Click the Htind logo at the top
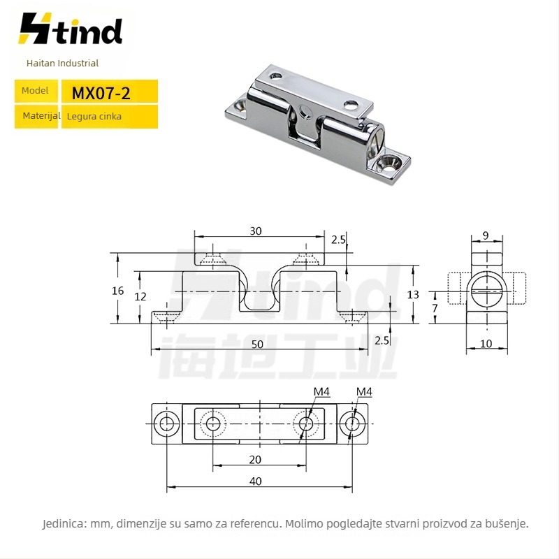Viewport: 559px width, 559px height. coord(71,29)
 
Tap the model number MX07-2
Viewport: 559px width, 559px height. coord(101,94)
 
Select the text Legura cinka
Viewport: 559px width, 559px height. coord(94,117)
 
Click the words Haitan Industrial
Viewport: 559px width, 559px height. coord(62,63)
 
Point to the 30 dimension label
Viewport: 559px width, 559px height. coord(256,231)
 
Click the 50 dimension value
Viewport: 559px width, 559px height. coord(257,344)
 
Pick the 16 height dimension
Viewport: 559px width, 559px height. coord(117,291)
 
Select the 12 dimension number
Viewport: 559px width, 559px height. coord(140,296)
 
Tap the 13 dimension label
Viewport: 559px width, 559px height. coord(413,295)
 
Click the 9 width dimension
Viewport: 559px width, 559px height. coord(486,235)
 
